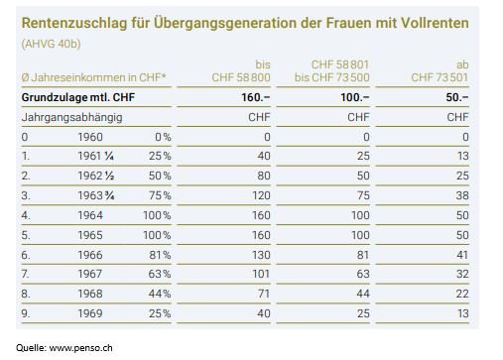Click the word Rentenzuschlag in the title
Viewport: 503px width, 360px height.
[74, 24]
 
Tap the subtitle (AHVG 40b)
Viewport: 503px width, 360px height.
[51, 44]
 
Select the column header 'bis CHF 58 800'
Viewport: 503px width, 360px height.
[241, 70]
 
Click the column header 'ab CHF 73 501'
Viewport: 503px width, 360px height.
[440, 70]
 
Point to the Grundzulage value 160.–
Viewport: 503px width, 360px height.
[256, 97]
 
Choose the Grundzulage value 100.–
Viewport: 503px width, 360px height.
[355, 97]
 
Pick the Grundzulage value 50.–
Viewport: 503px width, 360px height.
[457, 97]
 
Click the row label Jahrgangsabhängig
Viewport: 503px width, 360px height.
[71, 118]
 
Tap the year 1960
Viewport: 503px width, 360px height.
[90, 137]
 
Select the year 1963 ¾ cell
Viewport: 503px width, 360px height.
[96, 195]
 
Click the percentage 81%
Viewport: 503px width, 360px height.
[160, 255]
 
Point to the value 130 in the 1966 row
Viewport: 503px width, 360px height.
[261, 255]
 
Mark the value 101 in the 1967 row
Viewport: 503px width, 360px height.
[261, 274]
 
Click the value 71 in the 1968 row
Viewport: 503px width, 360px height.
[264, 294]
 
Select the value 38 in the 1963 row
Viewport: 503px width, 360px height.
[462, 195]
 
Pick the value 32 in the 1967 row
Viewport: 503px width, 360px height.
[462, 274]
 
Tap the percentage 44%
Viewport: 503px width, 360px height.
[160, 294]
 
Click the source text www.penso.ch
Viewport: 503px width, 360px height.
[81, 348]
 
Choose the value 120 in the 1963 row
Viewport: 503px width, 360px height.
[261, 195]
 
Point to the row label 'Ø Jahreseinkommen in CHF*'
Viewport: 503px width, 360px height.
[93, 77]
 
